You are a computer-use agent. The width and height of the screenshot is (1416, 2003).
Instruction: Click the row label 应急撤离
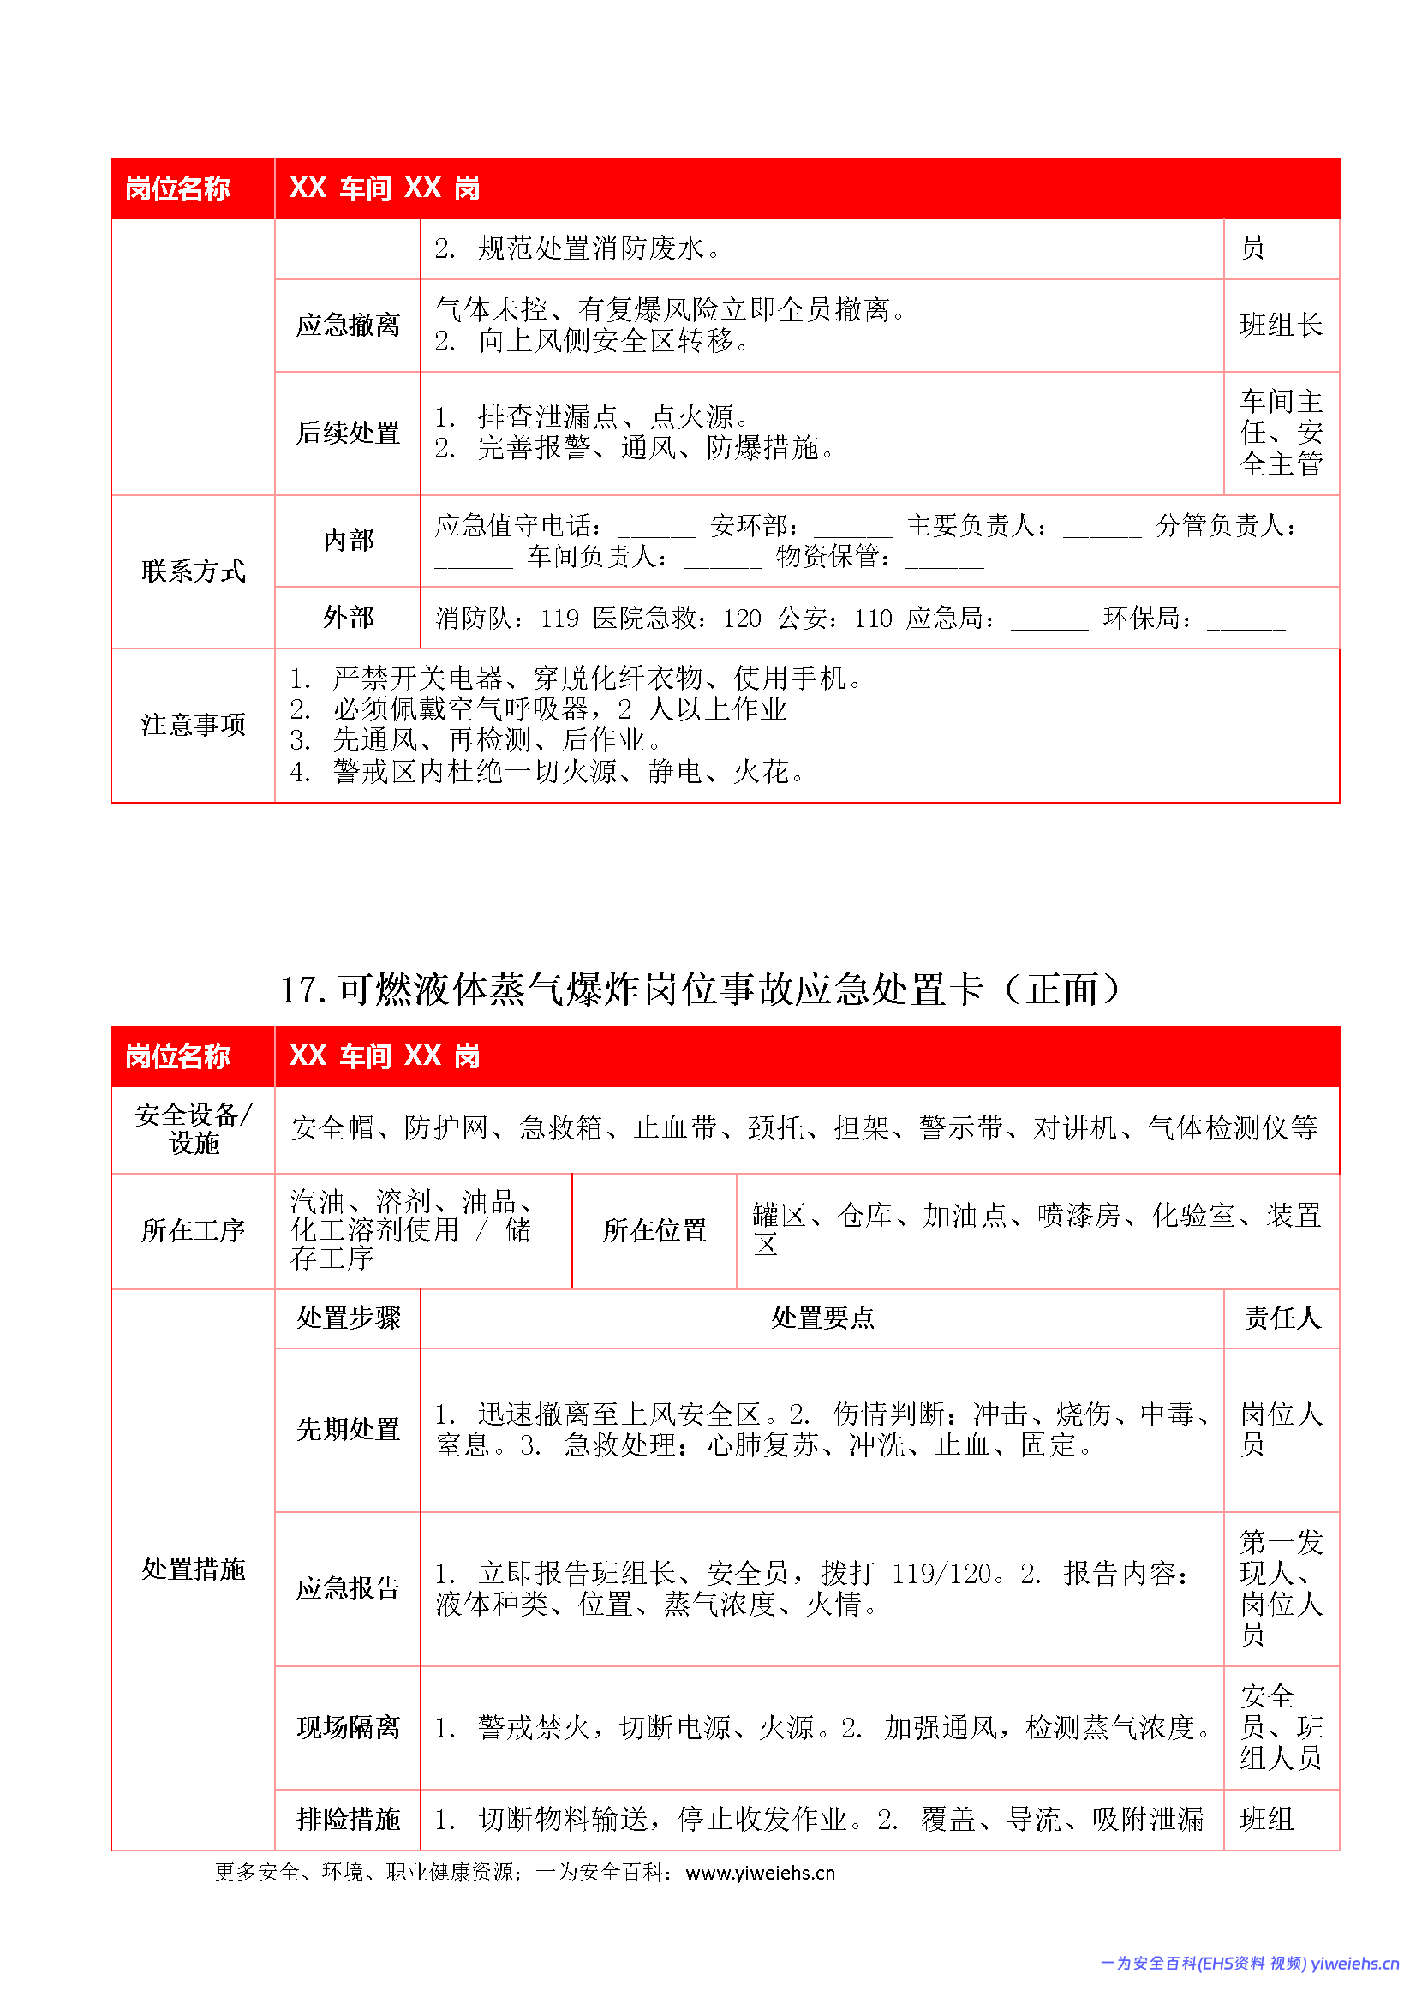point(347,326)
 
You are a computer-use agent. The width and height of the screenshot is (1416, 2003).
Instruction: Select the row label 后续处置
point(347,433)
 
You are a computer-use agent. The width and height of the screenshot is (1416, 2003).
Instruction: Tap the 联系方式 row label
point(193,571)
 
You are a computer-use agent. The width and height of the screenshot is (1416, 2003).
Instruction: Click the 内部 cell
point(347,541)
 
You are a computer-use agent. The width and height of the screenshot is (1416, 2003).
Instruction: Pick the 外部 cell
point(347,618)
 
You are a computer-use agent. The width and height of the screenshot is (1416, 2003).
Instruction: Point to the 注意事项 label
point(193,725)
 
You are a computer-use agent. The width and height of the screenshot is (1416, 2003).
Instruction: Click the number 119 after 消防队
point(559,619)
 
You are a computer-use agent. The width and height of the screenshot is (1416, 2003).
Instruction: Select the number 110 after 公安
point(872,619)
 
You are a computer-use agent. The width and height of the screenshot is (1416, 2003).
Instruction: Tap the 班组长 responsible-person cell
point(1280,326)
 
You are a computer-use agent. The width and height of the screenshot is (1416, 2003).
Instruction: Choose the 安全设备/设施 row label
point(193,1129)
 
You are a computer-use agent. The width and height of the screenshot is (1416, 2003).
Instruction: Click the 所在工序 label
point(193,1230)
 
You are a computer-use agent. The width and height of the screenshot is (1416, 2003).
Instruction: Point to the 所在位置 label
point(654,1230)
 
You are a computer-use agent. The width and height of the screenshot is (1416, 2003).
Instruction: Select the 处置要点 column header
point(822,1318)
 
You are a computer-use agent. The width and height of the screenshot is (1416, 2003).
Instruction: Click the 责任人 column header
point(1281,1318)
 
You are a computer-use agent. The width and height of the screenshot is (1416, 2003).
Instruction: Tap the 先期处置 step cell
point(347,1429)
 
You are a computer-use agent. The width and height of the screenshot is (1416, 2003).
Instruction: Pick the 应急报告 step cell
point(347,1587)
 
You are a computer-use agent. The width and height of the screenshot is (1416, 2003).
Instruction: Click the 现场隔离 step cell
point(347,1727)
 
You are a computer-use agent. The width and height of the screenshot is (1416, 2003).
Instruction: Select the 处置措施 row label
point(193,1569)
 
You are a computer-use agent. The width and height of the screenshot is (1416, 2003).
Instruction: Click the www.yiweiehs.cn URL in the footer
point(760,1873)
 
